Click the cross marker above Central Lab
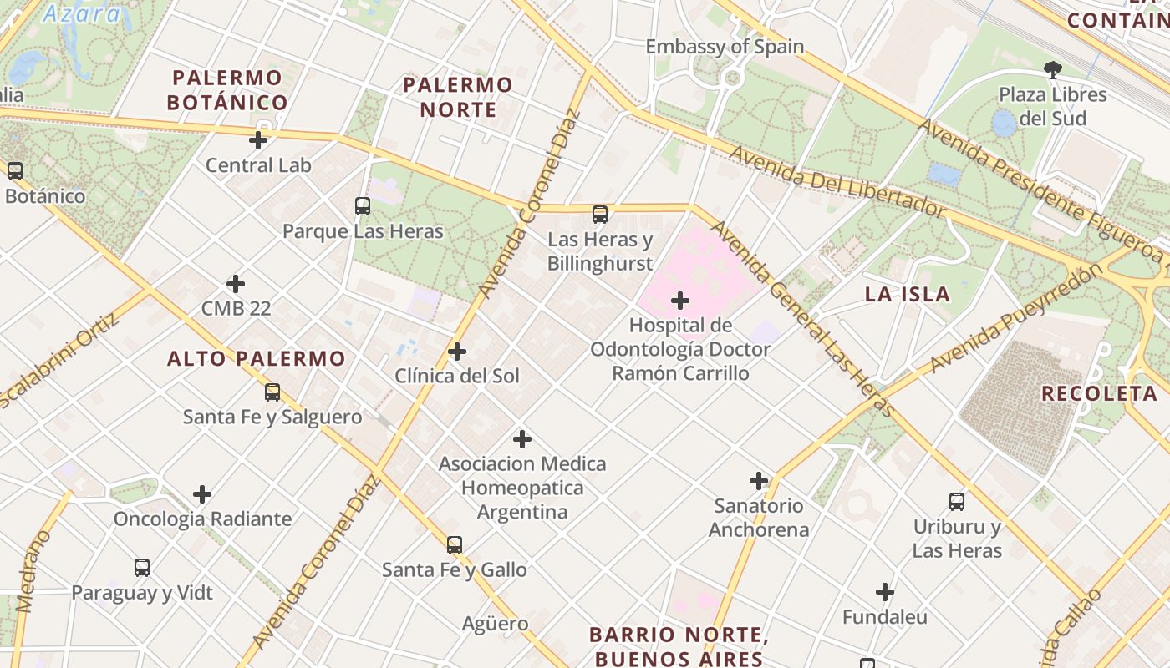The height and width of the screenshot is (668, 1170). pyautogui.click(x=258, y=139)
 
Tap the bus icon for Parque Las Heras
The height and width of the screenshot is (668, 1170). pyautogui.click(x=362, y=205)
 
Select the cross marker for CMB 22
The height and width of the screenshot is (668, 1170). pyautogui.click(x=236, y=284)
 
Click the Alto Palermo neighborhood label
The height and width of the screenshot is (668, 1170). pyautogui.click(x=256, y=359)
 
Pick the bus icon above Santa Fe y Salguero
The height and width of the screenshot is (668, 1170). pyautogui.click(x=272, y=392)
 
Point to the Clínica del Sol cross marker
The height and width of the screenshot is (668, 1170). pyautogui.click(x=456, y=352)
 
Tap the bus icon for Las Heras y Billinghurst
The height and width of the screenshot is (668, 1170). pyautogui.click(x=599, y=215)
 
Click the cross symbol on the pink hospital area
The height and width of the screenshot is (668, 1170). pyautogui.click(x=680, y=301)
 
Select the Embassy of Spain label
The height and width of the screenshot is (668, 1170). pyautogui.click(x=725, y=47)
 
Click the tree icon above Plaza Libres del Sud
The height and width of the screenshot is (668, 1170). pyautogui.click(x=1052, y=70)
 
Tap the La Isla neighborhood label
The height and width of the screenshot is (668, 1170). pyautogui.click(x=907, y=294)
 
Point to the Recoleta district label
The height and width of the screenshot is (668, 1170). pyautogui.click(x=1098, y=393)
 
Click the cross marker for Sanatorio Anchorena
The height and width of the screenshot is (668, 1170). pyautogui.click(x=758, y=481)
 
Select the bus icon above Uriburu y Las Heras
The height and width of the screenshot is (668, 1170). pyautogui.click(x=957, y=502)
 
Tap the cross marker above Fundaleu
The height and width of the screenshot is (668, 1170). pyautogui.click(x=885, y=593)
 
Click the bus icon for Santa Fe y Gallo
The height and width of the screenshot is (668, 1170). pyautogui.click(x=454, y=545)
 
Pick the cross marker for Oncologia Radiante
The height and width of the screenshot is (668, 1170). pyautogui.click(x=202, y=494)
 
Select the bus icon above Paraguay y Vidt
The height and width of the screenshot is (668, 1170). pyautogui.click(x=142, y=568)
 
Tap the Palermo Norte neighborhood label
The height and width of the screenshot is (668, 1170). pyautogui.click(x=457, y=97)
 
